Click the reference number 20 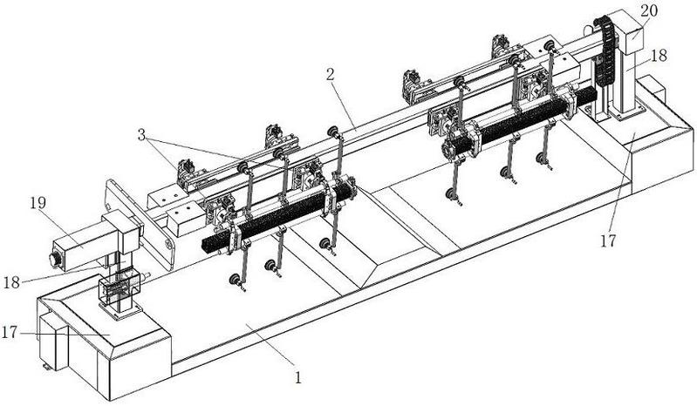pyautogui.click(x=648, y=11)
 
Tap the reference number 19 pyautogui.click(x=38, y=203)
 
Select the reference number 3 pyautogui.click(x=141, y=135)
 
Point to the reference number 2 pyautogui.click(x=330, y=75)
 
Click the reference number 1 pyautogui.click(x=298, y=378)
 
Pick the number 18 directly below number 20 pyautogui.click(x=659, y=56)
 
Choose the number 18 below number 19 pyautogui.click(x=11, y=282)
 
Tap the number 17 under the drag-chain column pyautogui.click(x=608, y=241)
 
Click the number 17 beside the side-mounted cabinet pyautogui.click(x=10, y=332)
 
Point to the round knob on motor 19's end pyautogui.click(x=55, y=260)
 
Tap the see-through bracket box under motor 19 pyautogui.click(x=120, y=286)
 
